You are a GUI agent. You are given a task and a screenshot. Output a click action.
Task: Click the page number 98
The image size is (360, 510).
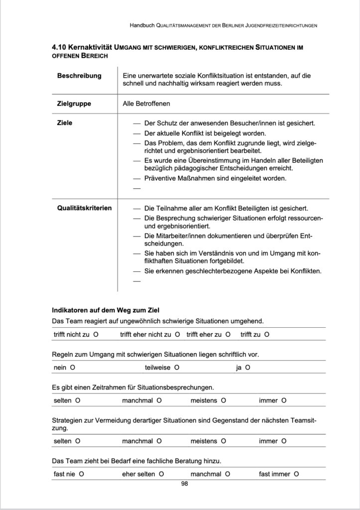184,484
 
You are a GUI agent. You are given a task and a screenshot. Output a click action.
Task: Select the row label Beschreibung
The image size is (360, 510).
79,76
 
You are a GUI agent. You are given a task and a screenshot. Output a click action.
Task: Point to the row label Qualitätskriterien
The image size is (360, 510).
84,208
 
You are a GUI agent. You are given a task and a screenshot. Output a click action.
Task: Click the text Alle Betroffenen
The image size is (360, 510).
146,104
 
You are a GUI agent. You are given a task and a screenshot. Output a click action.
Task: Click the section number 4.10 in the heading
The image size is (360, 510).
60,47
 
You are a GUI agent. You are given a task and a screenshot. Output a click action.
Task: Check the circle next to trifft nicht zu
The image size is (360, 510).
96,334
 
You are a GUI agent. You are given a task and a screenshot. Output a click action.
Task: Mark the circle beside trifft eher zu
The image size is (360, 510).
228,334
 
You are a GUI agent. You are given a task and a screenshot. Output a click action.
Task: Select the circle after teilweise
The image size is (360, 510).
177,368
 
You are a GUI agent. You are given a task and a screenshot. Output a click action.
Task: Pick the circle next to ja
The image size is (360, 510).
247,368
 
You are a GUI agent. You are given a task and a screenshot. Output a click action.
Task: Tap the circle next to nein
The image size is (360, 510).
73,368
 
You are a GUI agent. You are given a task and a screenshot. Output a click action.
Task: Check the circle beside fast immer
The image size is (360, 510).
296,474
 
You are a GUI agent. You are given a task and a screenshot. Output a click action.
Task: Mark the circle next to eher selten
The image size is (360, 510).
162,474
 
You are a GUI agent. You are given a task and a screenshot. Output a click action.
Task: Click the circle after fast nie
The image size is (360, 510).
81,474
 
